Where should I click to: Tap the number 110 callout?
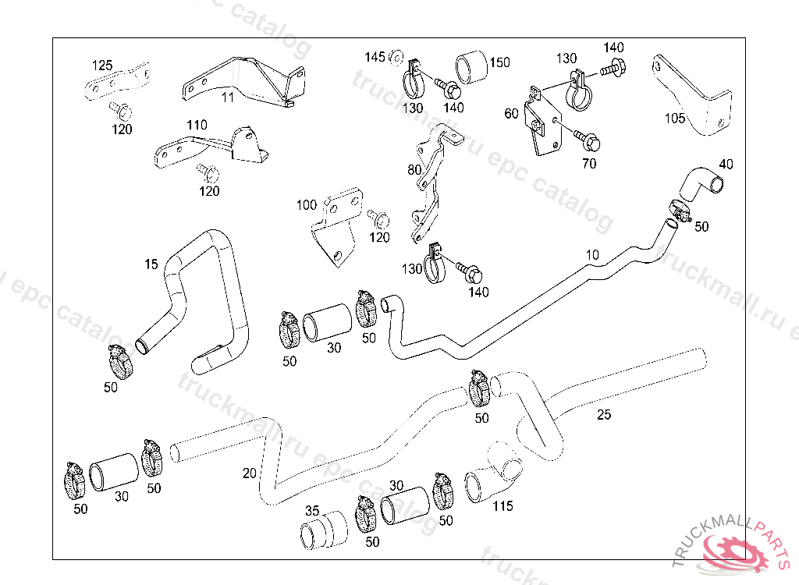pyautogui.click(x=197, y=125)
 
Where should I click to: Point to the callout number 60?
pyautogui.click(x=511, y=114)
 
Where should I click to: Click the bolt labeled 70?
pyautogui.click(x=588, y=141)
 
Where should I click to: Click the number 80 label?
pyautogui.click(x=414, y=169)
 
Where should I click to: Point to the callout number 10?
pyautogui.click(x=592, y=255)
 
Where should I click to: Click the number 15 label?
pyautogui.click(x=151, y=265)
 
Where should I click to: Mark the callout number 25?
pyautogui.click(x=604, y=414)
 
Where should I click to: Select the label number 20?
pyautogui.click(x=249, y=473)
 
